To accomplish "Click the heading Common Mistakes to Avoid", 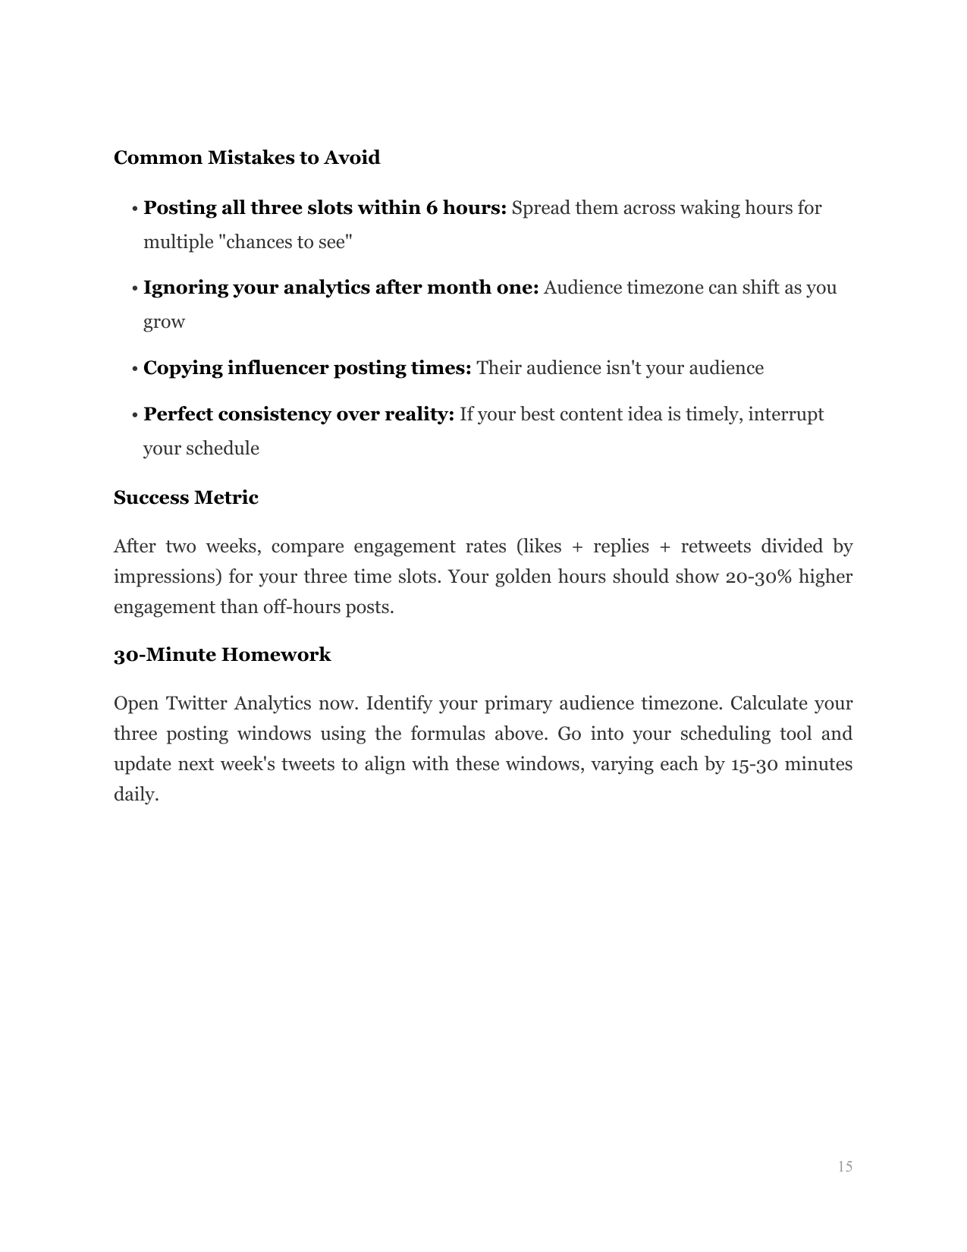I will (246, 158).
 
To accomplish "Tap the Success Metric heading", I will (186, 498).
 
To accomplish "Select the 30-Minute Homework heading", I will (222, 655).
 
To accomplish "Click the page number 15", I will (845, 1166).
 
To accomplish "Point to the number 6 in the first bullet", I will (431, 208).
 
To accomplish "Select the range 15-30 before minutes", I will (755, 764).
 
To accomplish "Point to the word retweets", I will (715, 546).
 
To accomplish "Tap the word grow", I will (164, 322).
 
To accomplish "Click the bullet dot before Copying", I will (134, 370).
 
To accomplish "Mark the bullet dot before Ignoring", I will (134, 289).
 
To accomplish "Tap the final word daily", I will (136, 794).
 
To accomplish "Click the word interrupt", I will (786, 414).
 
